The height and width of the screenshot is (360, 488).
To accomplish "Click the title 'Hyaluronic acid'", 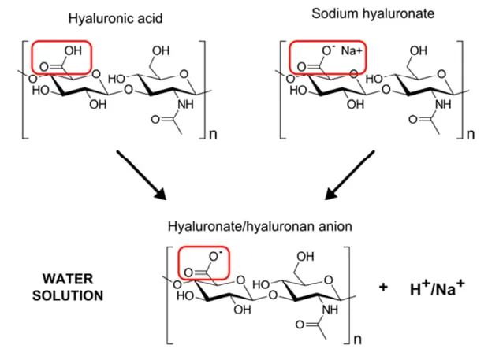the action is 115,19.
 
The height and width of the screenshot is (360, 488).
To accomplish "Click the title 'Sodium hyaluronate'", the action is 373,13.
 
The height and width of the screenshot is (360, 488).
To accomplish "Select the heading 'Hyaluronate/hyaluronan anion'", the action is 260,227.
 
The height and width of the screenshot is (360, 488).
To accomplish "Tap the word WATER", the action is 68,279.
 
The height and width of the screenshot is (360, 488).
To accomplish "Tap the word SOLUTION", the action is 68,295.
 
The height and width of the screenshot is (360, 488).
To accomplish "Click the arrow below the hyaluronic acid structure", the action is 142,175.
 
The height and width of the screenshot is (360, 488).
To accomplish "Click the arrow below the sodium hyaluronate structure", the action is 349,175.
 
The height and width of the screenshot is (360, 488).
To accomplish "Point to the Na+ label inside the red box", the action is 352,50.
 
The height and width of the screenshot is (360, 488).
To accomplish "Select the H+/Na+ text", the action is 438,288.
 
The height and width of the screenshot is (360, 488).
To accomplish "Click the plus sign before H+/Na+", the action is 383,287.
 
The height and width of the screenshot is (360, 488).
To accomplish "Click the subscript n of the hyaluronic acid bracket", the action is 213,134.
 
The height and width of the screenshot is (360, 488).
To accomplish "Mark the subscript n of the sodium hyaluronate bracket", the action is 471,134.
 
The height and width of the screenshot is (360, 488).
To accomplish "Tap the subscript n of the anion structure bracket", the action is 358,340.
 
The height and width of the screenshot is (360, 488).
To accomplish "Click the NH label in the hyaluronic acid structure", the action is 185,105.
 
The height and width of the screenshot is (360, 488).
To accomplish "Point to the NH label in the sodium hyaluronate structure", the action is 443,105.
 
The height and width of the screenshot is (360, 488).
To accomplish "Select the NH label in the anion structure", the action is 330,310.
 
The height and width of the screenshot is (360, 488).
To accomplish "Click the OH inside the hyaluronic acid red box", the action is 73,50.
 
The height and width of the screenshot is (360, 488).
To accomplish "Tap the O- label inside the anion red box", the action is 215,256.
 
